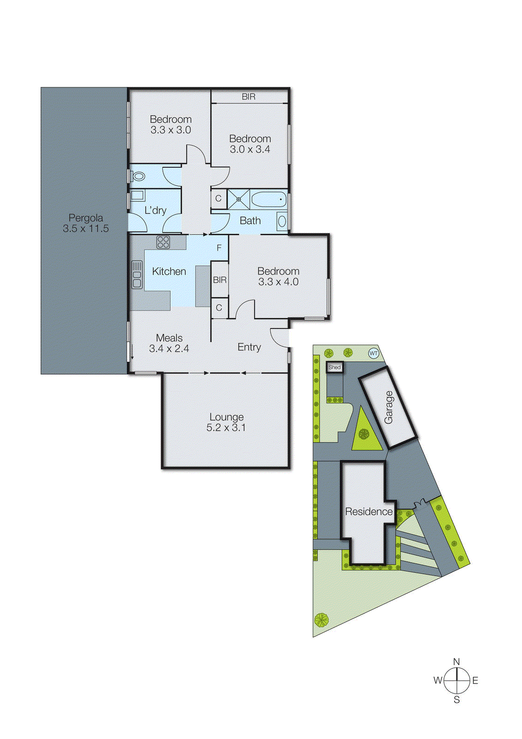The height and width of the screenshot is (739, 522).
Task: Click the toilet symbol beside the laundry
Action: (x=138, y=176)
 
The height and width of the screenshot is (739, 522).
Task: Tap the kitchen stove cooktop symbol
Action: (x=163, y=242)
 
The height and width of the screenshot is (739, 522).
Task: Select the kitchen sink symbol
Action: (x=137, y=274)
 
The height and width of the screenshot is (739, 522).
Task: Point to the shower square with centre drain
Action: (x=239, y=200)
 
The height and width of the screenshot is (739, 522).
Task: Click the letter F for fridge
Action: (x=219, y=248)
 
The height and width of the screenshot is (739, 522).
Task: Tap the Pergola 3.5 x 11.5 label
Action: (x=86, y=223)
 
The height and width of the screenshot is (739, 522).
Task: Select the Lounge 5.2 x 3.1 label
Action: (x=226, y=422)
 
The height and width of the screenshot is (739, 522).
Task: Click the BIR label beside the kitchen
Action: (x=220, y=280)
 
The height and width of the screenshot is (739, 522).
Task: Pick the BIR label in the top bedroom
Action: (x=248, y=97)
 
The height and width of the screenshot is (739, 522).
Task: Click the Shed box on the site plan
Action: (x=335, y=368)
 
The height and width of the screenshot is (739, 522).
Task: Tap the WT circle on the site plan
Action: (x=373, y=353)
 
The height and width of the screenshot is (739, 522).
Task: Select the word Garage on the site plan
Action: (x=389, y=407)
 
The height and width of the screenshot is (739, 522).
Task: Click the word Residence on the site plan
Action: (x=369, y=512)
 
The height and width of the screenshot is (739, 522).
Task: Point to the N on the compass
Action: (x=456, y=662)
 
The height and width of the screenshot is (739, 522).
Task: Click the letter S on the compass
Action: (x=456, y=700)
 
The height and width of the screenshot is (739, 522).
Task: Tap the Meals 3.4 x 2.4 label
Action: (x=169, y=343)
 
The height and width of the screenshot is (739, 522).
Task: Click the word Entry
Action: (x=249, y=347)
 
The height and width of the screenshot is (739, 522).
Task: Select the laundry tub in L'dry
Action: (x=138, y=195)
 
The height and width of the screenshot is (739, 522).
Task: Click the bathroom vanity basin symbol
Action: (x=282, y=221)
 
